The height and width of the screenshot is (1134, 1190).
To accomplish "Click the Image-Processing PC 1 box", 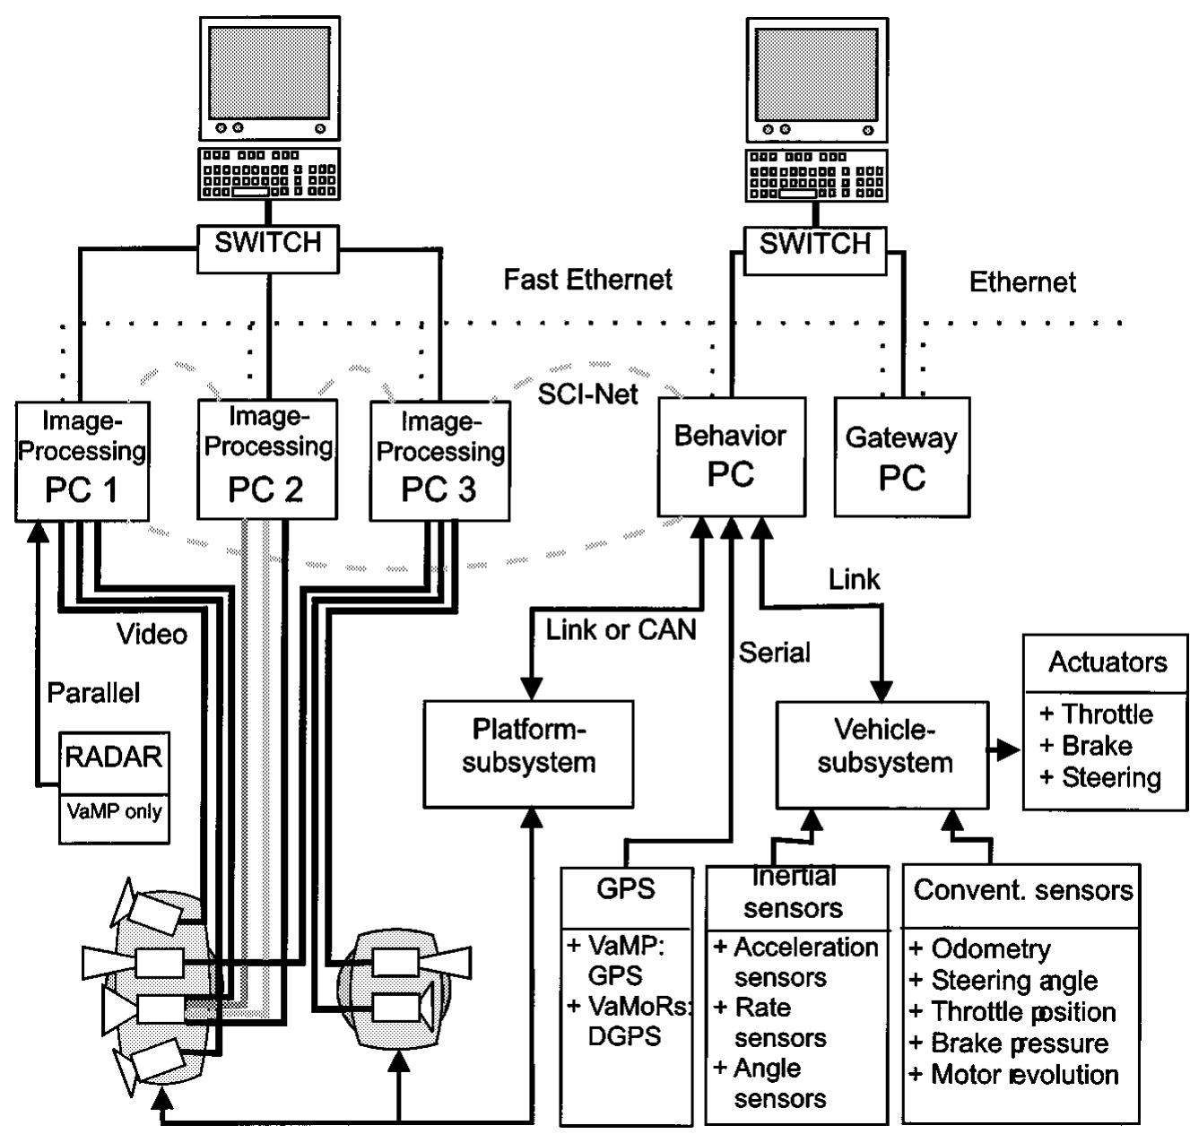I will (x=82, y=461).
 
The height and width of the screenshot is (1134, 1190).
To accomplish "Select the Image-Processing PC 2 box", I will (x=266, y=459).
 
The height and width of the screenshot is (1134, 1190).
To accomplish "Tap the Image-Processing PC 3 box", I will (x=439, y=461).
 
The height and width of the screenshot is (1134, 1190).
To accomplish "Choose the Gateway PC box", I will (x=901, y=458).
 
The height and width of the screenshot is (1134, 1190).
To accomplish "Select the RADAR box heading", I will (x=114, y=757).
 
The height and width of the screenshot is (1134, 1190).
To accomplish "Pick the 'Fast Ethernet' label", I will (x=587, y=280).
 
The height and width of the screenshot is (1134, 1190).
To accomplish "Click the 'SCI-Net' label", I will (x=587, y=394).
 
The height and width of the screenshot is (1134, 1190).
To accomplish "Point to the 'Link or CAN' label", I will (x=621, y=630).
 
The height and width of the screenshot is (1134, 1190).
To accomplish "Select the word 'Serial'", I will (x=774, y=653).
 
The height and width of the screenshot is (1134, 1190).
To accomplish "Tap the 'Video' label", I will (x=152, y=635).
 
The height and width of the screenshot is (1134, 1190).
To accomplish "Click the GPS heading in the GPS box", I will (x=626, y=889).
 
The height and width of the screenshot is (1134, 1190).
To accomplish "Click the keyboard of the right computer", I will (x=816, y=175).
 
